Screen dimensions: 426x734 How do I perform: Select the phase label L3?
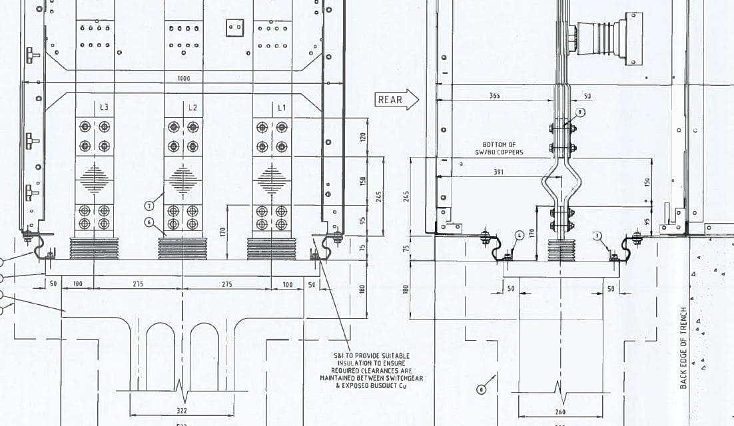[105, 107]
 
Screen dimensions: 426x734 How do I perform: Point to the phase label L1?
[281, 107]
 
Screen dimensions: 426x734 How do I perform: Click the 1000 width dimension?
[184, 79]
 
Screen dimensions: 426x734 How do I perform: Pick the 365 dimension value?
[495, 96]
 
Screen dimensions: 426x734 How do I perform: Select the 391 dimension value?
[498, 172]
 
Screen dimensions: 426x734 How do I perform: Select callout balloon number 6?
[149, 222]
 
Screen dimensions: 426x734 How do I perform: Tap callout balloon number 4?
[520, 235]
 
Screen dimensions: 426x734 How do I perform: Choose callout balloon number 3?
[597, 235]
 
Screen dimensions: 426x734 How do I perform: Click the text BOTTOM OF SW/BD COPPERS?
[503, 148]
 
